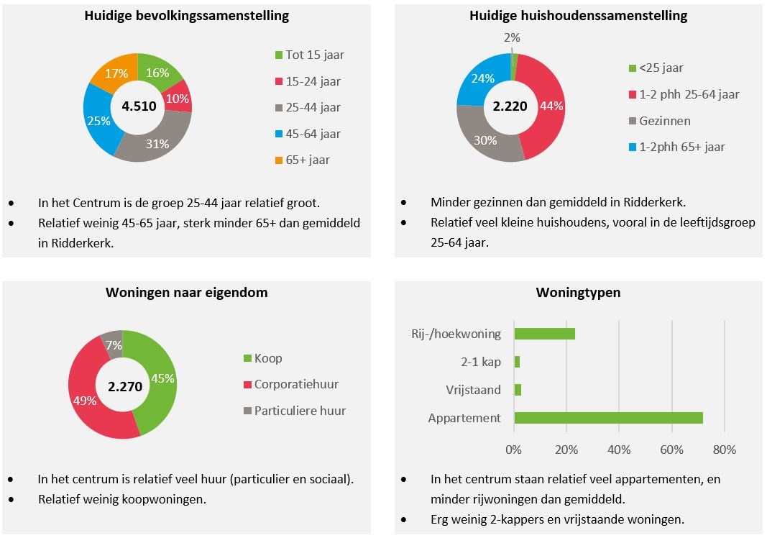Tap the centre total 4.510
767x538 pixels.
[137, 106]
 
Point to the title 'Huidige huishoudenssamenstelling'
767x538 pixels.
[578, 15]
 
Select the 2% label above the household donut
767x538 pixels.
[512, 37]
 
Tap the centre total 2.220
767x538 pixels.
[510, 106]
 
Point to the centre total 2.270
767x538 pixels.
[124, 386]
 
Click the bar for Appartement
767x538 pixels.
[608, 418]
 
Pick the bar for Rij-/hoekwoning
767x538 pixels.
[544, 334]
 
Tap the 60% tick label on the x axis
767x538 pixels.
[671, 450]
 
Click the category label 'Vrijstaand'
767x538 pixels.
[473, 390]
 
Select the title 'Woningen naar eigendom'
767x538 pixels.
[186, 293]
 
